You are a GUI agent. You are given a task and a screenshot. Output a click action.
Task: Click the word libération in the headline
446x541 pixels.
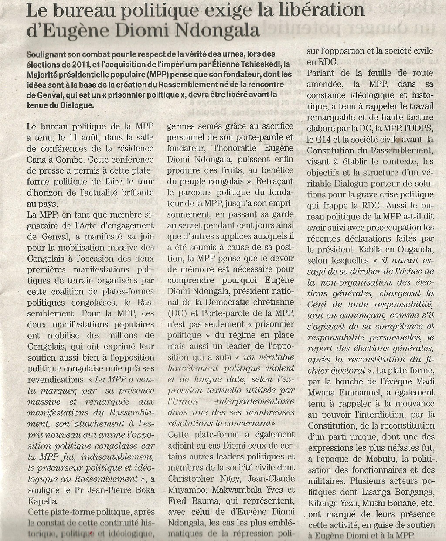318,10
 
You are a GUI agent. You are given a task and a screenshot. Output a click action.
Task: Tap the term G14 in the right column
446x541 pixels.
316,140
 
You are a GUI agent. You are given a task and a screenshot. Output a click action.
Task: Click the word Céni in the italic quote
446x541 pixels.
318,304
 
